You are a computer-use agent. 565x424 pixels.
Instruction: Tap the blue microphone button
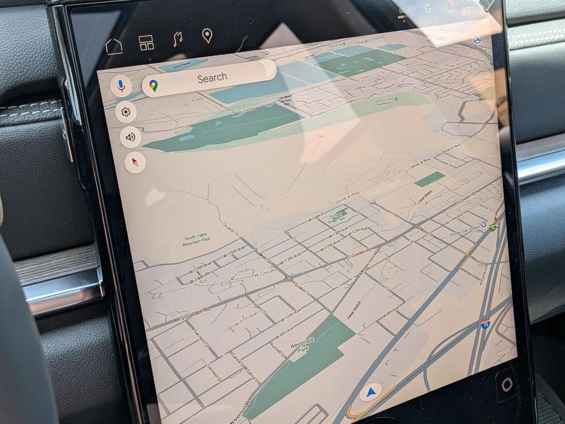(x=120, y=86)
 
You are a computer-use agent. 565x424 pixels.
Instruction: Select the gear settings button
(x=126, y=112)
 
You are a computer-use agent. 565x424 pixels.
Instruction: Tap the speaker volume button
(x=130, y=137)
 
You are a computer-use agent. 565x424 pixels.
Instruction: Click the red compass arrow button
(x=135, y=163)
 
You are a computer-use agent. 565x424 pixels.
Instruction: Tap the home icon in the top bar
(x=114, y=46)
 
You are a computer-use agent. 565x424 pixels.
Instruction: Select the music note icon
(x=178, y=40)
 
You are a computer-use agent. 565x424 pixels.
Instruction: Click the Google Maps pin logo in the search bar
(x=153, y=86)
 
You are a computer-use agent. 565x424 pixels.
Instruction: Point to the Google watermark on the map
(x=502, y=352)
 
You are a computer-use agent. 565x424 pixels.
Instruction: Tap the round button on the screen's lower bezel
(x=506, y=384)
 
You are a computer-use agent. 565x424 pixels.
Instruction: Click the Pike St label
(x=292, y=237)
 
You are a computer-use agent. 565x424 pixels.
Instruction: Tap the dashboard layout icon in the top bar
(x=146, y=43)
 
